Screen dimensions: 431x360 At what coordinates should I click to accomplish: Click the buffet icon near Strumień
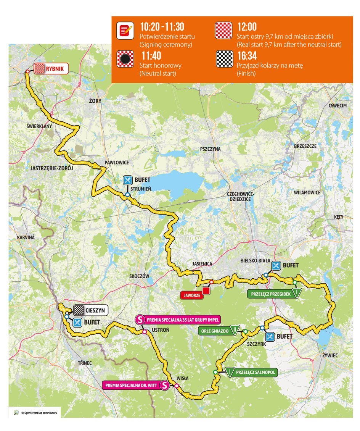[128, 180]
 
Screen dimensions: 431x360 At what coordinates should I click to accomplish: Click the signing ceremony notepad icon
[125, 30]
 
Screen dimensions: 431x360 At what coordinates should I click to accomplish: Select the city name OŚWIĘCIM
[337, 106]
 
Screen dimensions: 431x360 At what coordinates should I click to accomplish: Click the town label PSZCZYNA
[210, 149]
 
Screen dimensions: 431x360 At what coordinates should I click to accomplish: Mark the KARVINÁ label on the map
[26, 237]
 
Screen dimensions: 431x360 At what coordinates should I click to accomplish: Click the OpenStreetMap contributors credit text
[39, 413]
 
